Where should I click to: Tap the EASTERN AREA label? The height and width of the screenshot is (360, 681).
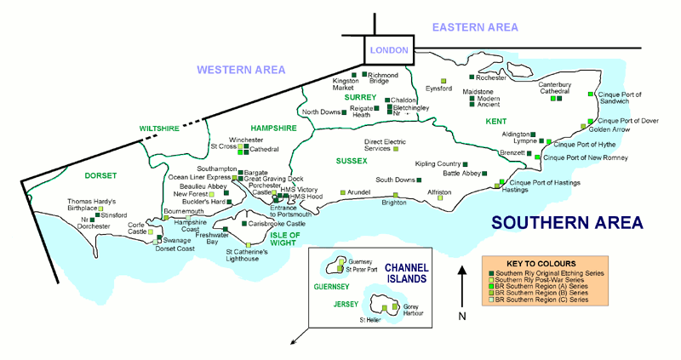coord(475,27)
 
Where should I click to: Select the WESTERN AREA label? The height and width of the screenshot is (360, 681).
coord(241,70)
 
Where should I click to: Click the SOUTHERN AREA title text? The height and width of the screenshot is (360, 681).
coord(567,222)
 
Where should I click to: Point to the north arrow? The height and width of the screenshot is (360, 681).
coord(462,287)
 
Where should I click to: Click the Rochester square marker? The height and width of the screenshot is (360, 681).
coord(472,77)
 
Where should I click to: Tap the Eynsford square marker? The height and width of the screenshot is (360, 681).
coord(444,81)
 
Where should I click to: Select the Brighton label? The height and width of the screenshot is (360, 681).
coord(394,203)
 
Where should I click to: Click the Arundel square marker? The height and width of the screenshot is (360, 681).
coord(343,192)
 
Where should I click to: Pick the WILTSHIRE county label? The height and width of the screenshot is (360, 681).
coord(159,129)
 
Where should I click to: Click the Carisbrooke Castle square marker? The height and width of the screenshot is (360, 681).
coord(244,224)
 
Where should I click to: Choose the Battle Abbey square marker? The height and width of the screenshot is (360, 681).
coord(484,174)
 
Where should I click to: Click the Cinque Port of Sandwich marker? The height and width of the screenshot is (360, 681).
coord(590,94)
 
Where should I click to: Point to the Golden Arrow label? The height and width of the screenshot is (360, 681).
coord(609,129)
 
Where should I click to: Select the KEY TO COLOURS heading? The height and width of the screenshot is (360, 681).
coord(541,264)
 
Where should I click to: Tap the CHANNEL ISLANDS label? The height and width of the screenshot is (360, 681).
coord(407,273)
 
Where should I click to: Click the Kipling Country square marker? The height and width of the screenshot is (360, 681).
coord(465,164)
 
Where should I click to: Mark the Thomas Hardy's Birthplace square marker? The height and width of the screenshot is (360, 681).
coord(100,209)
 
